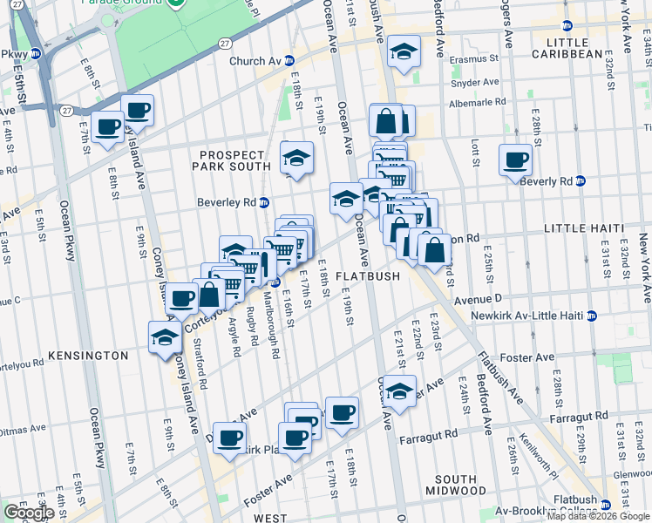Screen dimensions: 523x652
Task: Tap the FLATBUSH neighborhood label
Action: point(367,276)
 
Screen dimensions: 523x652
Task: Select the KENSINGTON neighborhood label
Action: point(88,356)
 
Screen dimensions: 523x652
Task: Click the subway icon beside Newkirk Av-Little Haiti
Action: point(592,316)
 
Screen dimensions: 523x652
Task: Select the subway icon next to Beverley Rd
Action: point(263,202)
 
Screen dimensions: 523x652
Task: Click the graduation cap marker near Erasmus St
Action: point(404,52)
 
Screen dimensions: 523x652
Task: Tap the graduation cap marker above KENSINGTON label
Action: point(164,336)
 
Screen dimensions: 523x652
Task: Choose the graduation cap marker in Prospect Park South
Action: point(297,160)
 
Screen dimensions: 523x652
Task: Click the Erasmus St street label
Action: point(473,60)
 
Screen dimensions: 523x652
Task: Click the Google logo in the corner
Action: point(28,513)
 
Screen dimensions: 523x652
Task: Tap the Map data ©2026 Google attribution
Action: point(596,516)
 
